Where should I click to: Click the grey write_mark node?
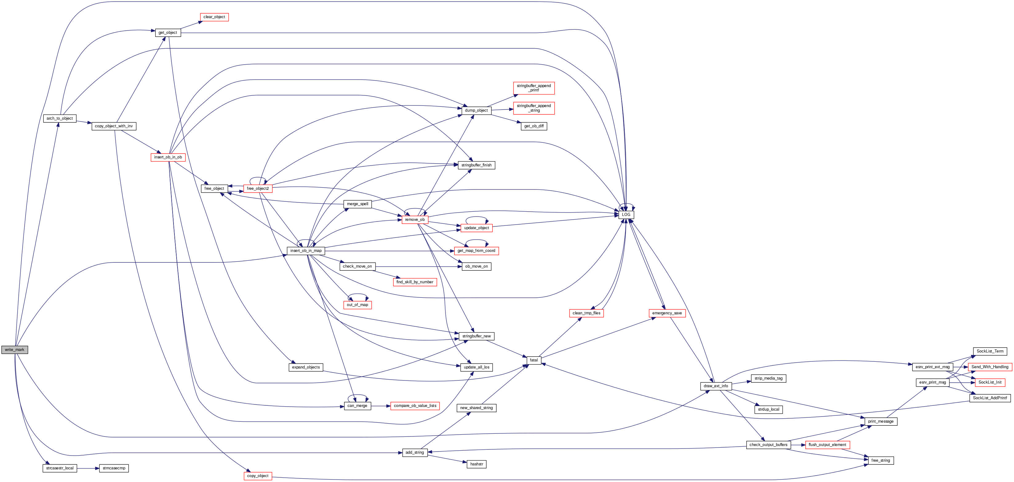click(x=14, y=350)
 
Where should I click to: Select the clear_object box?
click(x=214, y=17)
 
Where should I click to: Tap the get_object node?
click(x=168, y=33)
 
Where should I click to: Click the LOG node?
click(x=626, y=215)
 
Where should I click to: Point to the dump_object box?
click(x=476, y=110)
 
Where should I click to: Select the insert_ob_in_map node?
click(x=306, y=251)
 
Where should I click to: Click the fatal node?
click(x=533, y=360)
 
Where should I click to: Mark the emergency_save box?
click(x=667, y=313)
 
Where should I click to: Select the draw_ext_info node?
click(x=716, y=386)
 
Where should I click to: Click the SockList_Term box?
click(x=990, y=351)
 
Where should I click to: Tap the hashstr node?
click(x=476, y=464)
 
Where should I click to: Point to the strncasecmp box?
click(x=114, y=468)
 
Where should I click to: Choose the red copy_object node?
click(x=257, y=476)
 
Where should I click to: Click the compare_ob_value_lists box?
click(x=415, y=406)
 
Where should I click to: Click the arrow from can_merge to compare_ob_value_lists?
click(x=381, y=406)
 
